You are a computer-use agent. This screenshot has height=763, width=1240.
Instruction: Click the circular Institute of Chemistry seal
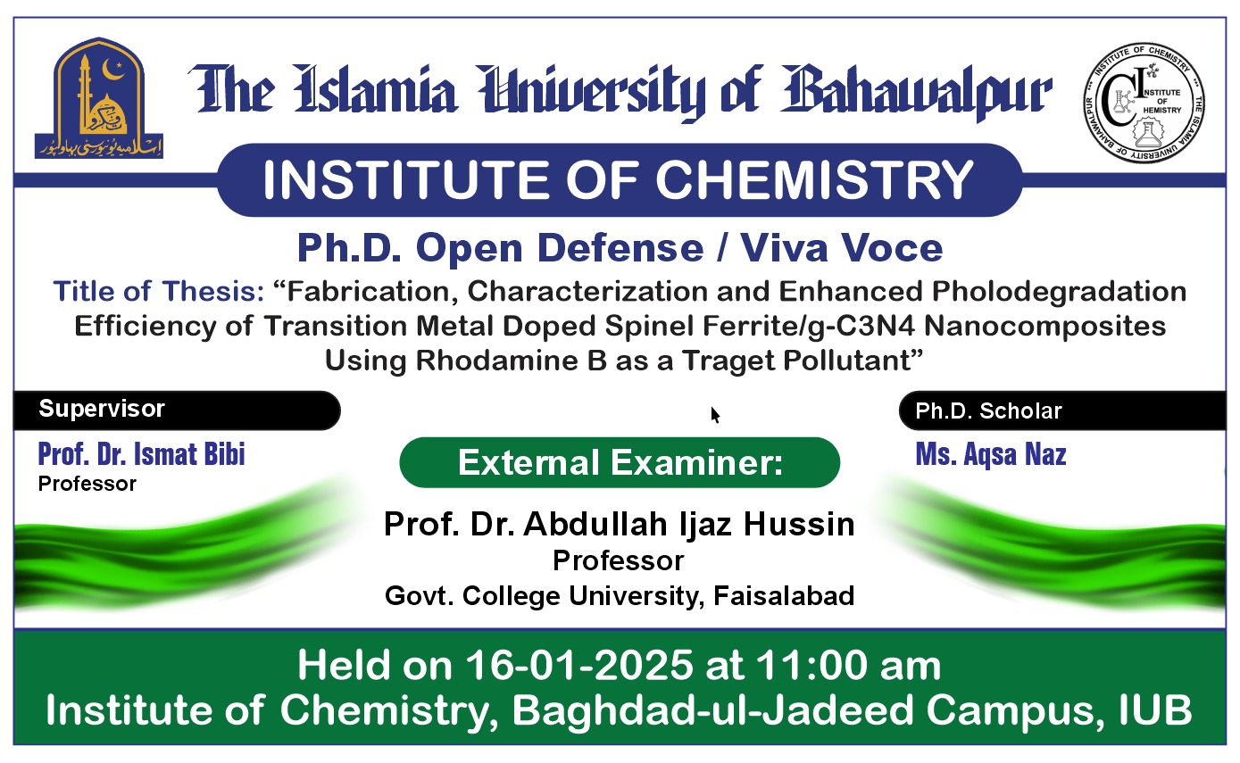tap(1144, 105)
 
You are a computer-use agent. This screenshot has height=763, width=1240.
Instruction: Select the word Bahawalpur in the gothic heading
tap(917, 93)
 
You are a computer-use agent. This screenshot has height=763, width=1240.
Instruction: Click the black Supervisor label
tap(102, 410)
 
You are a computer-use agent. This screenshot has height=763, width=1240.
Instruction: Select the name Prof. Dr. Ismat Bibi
tap(141, 454)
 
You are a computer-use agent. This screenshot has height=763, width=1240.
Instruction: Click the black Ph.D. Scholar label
tap(988, 411)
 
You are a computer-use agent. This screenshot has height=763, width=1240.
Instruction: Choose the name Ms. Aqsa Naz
tap(991, 455)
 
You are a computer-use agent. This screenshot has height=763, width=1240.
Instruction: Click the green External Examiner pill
tap(620, 462)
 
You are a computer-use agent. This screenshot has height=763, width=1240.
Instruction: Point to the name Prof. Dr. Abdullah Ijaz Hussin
tap(619, 524)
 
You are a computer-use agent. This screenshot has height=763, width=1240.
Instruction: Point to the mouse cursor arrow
tap(715, 414)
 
